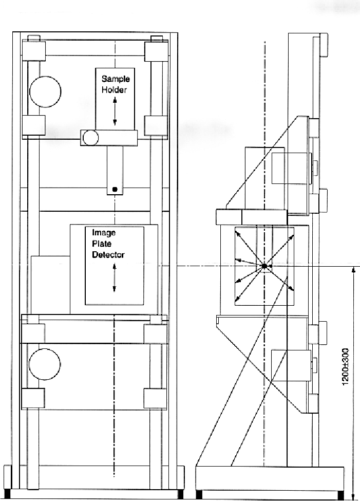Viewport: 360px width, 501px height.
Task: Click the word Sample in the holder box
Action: (x=116, y=79)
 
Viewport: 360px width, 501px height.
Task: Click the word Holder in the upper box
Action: (x=115, y=90)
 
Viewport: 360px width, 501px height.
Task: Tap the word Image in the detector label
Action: (x=104, y=233)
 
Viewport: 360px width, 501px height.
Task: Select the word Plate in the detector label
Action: (x=102, y=244)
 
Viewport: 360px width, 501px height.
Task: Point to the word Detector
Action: (x=108, y=255)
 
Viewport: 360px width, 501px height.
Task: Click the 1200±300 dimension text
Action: (x=345, y=367)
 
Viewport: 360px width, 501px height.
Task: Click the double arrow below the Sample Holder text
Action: (x=115, y=112)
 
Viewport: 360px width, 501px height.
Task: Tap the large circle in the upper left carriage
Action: (x=45, y=91)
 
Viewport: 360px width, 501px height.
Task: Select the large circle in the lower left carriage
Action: (x=44, y=364)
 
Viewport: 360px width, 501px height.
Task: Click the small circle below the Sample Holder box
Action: (x=90, y=138)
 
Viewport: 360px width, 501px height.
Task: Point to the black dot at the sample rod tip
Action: (x=115, y=190)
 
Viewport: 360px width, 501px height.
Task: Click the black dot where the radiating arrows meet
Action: (x=264, y=266)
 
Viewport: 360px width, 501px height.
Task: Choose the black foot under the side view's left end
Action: (x=199, y=495)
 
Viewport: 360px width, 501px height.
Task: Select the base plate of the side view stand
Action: (x=270, y=478)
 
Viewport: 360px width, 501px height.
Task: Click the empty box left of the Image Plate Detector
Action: (x=50, y=285)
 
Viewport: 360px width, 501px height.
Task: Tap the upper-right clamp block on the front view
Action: (x=156, y=51)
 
